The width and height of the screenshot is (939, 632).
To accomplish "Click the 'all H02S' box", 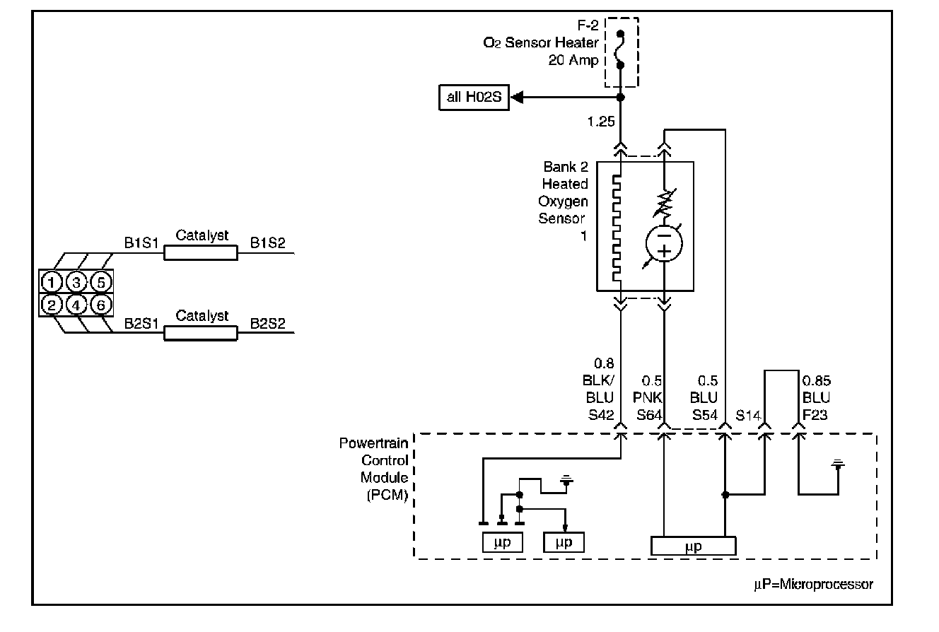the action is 474,98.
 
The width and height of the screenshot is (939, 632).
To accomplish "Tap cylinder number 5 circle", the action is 100,282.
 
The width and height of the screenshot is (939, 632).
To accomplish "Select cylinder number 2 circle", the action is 52,305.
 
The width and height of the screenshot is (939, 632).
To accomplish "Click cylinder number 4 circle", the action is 76,305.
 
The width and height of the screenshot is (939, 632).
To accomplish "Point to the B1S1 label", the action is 141,242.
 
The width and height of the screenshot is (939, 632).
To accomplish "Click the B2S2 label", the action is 267,323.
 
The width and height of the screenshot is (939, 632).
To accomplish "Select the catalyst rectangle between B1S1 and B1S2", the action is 201,253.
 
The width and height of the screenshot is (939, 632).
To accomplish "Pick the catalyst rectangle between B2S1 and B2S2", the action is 201,333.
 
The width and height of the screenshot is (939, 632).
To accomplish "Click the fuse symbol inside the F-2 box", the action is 620,49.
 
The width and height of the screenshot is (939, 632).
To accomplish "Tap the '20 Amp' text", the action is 573,60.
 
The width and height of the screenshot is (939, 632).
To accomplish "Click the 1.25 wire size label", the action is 601,122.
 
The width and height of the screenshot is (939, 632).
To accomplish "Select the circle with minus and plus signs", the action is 664,243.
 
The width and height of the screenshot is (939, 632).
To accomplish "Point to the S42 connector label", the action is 601,415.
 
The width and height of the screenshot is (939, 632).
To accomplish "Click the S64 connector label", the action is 649,415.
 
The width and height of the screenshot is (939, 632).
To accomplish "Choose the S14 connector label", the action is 748,416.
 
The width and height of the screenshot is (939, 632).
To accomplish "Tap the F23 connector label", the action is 815,415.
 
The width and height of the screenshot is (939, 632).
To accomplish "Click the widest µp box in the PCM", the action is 694,546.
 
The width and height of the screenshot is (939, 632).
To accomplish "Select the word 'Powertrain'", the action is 373,443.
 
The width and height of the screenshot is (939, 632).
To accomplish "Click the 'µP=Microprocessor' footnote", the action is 813,584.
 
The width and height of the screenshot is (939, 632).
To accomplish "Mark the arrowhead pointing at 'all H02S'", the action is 518,98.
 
